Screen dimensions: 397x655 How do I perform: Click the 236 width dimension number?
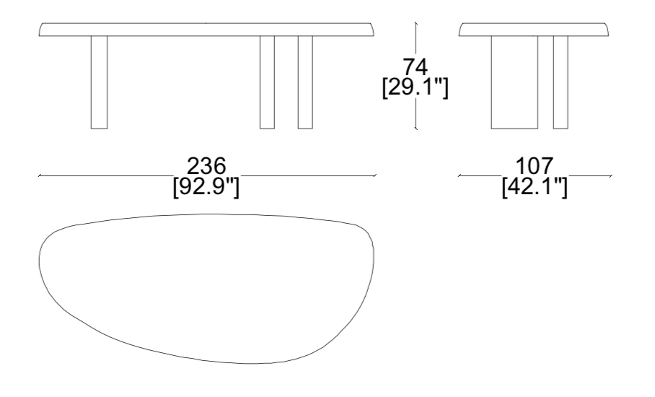[x=206, y=165]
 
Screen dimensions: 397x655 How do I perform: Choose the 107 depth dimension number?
[x=535, y=165]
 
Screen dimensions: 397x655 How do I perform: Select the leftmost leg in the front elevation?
[x=100, y=82]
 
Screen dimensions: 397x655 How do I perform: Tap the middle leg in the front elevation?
[x=268, y=82]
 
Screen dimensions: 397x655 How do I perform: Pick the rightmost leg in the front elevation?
[x=305, y=82]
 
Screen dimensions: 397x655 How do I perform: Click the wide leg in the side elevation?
[x=514, y=82]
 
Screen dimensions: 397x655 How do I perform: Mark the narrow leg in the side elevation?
[x=560, y=82]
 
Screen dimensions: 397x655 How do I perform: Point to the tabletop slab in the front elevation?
[x=207, y=29]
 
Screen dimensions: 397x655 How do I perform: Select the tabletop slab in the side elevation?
[x=535, y=29]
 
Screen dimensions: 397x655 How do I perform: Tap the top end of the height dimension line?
[x=416, y=22]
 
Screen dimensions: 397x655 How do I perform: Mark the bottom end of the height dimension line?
[x=416, y=129]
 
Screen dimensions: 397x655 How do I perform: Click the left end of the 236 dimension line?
[x=39, y=175]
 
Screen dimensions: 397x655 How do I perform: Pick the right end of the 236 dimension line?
[x=375, y=175]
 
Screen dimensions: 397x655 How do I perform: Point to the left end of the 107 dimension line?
[x=459, y=175]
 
